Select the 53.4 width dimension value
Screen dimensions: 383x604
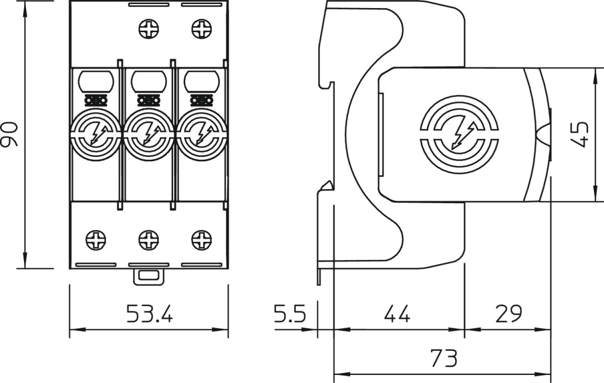click(149, 315)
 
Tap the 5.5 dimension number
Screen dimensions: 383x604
click(290, 315)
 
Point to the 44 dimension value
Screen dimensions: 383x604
click(397, 315)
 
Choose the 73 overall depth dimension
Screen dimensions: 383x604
click(443, 359)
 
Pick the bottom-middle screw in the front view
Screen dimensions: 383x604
click(148, 238)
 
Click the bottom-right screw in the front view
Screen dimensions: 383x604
click(202, 238)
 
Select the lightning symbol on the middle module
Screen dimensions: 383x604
click(148, 135)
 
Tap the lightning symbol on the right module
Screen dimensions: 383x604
click(202, 135)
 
